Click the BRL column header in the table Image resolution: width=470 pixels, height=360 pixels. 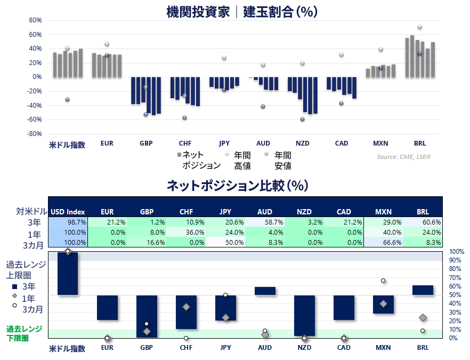pyautogui.click(x=423, y=212)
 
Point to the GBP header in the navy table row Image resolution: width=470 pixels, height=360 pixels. pyautogui.click(x=147, y=212)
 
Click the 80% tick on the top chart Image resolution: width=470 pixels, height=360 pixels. pyautogui.click(x=35, y=20)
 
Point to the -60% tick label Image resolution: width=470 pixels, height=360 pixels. pyautogui.click(x=34, y=119)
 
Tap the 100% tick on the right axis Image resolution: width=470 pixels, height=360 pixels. pyautogui.click(x=457, y=252)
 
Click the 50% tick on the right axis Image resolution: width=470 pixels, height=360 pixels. pyautogui.click(x=455, y=295)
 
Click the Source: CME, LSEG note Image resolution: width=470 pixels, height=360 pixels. pyautogui.click(x=403, y=157)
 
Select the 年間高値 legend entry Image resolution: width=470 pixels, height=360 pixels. pyautogui.click(x=239, y=161)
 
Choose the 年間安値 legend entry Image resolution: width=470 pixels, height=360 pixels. pyautogui.click(x=279, y=161)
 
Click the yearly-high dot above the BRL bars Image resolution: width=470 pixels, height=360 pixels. pyautogui.click(x=420, y=27)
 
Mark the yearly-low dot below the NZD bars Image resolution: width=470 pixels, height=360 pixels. pyautogui.click(x=303, y=119)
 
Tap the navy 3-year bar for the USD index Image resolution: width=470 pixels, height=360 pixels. pyautogui.click(x=68, y=274)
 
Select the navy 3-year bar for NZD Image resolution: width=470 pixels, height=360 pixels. pyautogui.click(x=305, y=316)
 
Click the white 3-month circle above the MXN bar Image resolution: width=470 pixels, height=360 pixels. pyautogui.click(x=383, y=281)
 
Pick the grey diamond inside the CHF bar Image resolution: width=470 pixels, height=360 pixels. pyautogui.click(x=186, y=307)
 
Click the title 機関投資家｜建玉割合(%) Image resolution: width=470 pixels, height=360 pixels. pyautogui.click(x=241, y=12)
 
